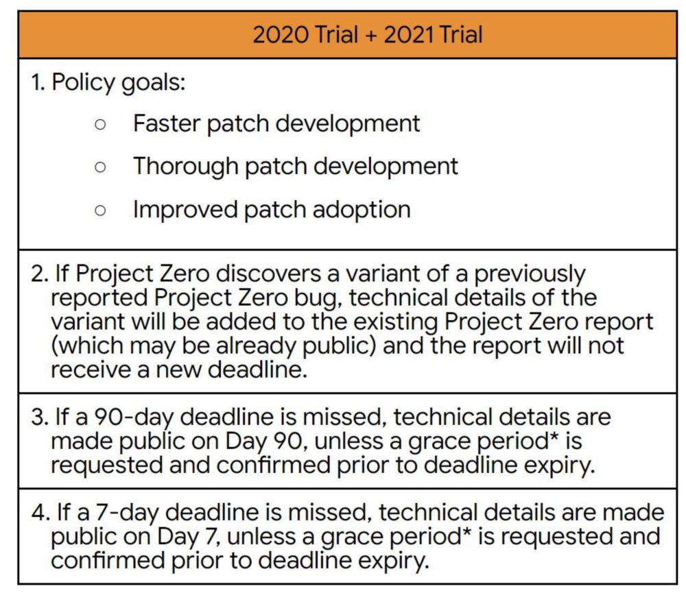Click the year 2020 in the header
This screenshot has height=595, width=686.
(281, 34)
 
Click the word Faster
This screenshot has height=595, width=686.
(167, 123)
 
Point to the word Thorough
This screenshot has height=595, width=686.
(186, 167)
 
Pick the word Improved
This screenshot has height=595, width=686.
(185, 210)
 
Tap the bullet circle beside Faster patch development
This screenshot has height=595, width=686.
(100, 125)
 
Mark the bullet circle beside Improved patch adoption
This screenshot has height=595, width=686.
(100, 210)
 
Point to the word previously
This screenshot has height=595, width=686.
(530, 275)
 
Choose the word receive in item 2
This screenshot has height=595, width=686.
(91, 370)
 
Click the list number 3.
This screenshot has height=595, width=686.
(38, 417)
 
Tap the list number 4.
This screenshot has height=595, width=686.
(38, 512)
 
